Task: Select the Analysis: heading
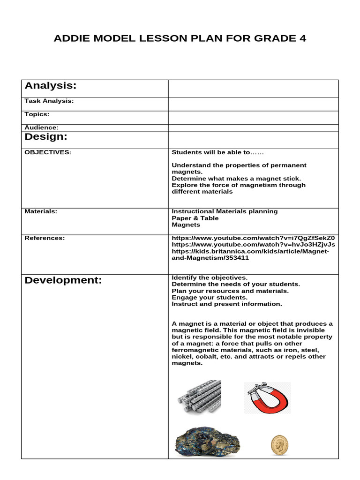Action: (x=50, y=85)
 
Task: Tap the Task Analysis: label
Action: (x=49, y=101)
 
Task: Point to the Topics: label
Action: (x=37, y=114)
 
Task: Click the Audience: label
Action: (x=41, y=127)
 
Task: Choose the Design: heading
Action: (x=46, y=136)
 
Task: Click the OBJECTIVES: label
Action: (x=48, y=152)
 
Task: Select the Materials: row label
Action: (x=41, y=211)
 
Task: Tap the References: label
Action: (x=45, y=238)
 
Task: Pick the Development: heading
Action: (x=63, y=280)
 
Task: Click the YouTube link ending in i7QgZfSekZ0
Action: (x=253, y=238)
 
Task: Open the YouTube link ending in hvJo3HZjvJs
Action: (x=253, y=244)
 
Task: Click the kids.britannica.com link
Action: (x=250, y=254)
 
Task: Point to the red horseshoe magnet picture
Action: (x=267, y=397)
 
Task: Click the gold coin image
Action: (x=279, y=445)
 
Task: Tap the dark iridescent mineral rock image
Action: (x=207, y=442)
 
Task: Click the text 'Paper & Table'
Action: (x=195, y=218)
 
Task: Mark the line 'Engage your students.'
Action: (x=210, y=297)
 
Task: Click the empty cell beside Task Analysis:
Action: (x=253, y=104)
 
